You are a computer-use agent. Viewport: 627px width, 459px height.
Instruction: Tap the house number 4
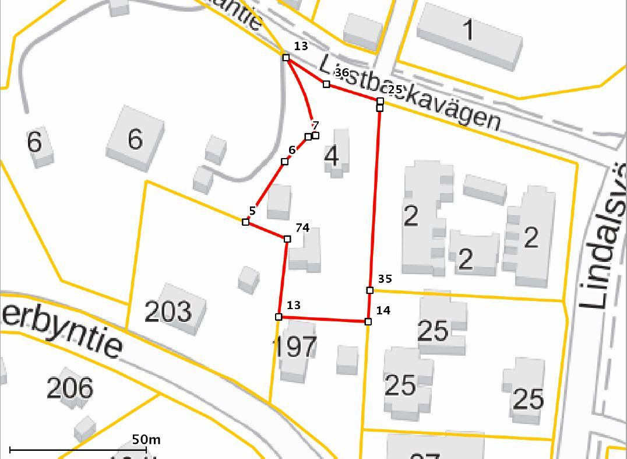[332, 156]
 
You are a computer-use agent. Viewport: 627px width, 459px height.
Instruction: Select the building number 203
[168, 311]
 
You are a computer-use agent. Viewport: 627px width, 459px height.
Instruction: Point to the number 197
[295, 346]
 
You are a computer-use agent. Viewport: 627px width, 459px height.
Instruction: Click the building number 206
[69, 388]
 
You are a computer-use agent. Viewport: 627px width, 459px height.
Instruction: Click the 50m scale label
[146, 439]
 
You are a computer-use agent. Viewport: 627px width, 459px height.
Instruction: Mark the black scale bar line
[76, 450]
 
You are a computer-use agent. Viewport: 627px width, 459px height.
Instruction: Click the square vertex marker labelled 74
[287, 239]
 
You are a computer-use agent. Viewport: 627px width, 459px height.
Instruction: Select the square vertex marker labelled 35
[370, 290]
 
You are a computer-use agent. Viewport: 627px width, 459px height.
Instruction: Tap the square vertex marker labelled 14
[368, 321]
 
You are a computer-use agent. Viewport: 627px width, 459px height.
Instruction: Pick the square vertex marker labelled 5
[245, 222]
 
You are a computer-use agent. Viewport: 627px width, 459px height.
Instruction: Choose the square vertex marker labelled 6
[285, 161]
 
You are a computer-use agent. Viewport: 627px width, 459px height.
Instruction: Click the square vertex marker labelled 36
[326, 84]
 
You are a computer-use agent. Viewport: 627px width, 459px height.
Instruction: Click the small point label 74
[302, 227]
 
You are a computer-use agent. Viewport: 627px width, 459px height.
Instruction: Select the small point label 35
[385, 279]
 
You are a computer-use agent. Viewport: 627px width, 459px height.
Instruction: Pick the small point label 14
[383, 310]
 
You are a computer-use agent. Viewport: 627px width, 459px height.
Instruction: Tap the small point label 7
[315, 125]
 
